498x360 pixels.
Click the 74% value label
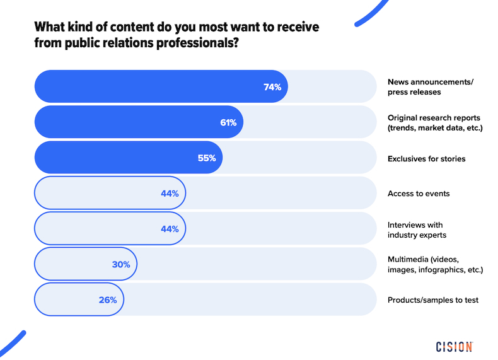272,87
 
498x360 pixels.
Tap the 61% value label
228,122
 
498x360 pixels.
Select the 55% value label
207,158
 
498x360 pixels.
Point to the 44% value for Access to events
170,194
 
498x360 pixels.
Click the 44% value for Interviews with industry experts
170,229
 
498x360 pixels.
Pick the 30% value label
121,264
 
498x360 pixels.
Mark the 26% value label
108,300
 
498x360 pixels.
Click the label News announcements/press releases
430,87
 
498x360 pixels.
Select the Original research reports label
434,122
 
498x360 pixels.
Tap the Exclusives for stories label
426,158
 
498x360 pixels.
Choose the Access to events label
419,194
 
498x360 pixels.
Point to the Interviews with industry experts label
417,229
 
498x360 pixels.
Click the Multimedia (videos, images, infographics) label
435,265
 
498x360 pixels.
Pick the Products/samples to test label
432,300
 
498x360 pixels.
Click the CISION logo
454,347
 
